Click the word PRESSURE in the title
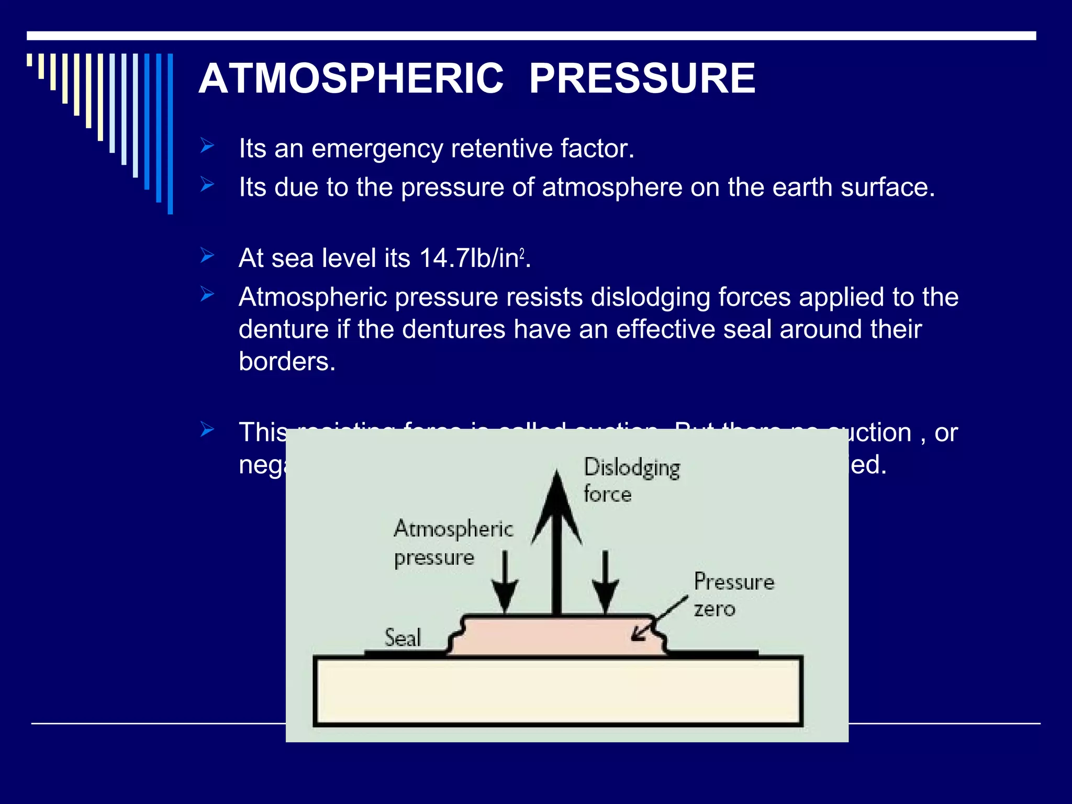[642, 79]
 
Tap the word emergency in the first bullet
[377, 149]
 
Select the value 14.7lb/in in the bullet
[471, 258]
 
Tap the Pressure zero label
[733, 595]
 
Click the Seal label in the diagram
[402, 638]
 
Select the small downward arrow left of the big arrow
[505, 584]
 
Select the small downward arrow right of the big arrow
[605, 584]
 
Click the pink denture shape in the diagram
[557, 636]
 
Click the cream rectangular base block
[557, 691]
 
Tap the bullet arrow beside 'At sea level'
[207, 256]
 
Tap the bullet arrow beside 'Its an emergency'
[207, 146]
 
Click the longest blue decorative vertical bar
[170, 133]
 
